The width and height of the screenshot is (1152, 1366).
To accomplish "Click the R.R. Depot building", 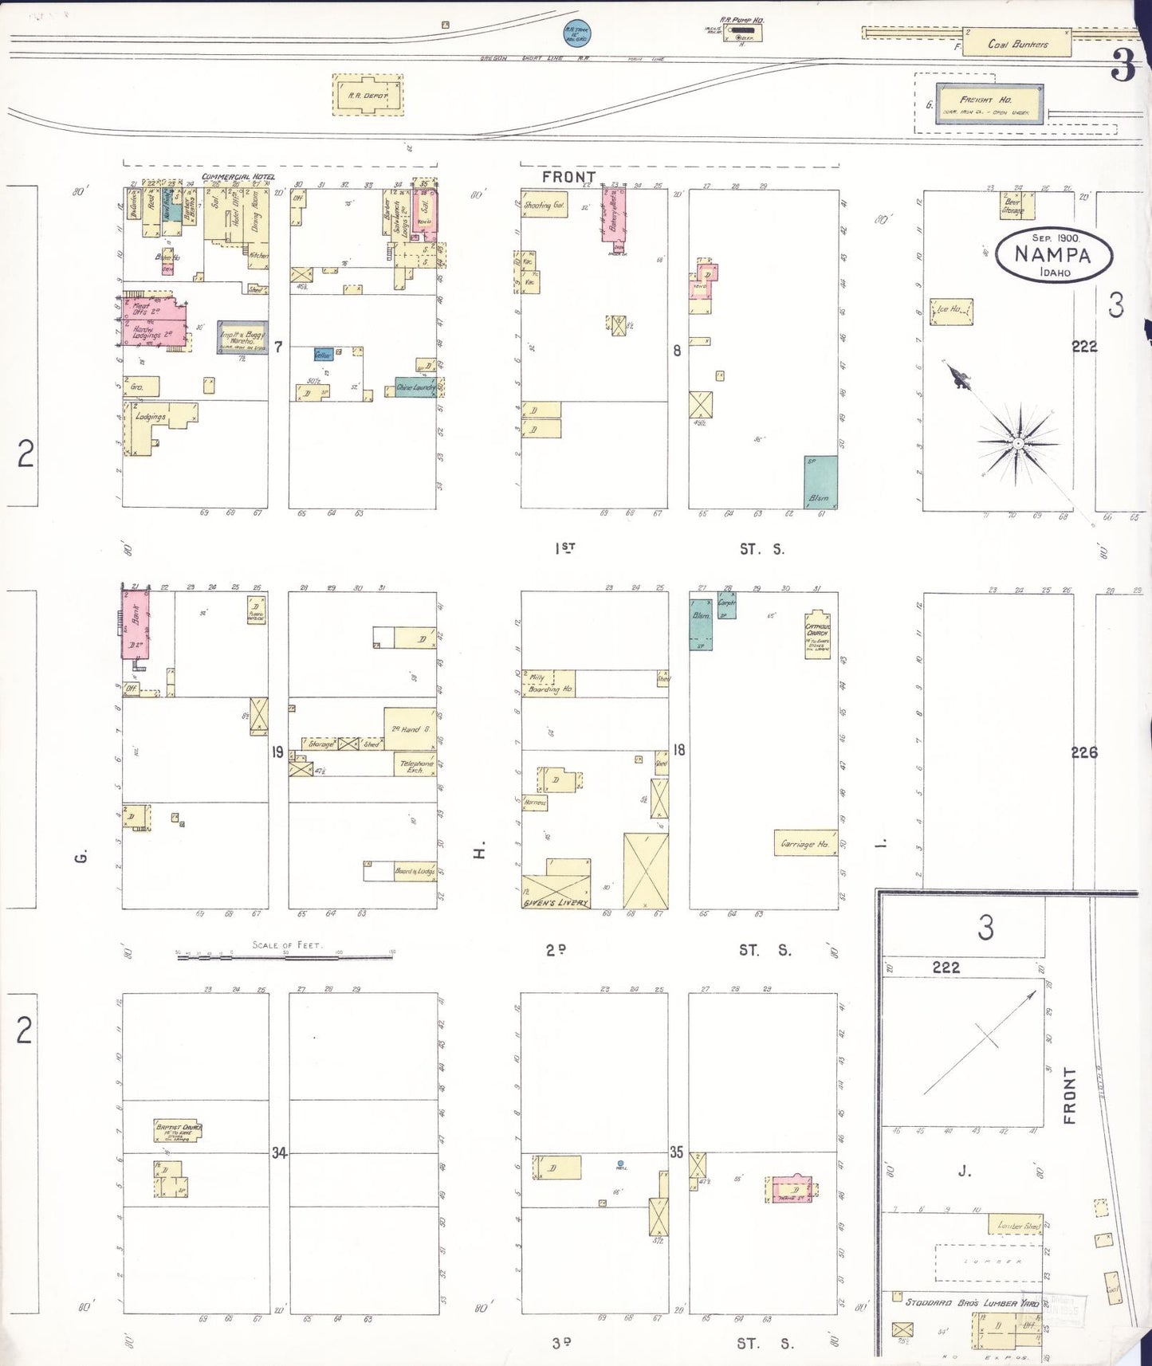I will pyautogui.click(x=368, y=96).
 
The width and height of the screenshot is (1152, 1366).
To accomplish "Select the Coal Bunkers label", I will pyautogui.click(x=1017, y=45).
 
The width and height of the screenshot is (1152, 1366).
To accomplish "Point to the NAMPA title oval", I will pyautogui.click(x=1053, y=254).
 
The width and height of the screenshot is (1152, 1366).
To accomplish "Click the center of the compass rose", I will pyautogui.click(x=1018, y=442).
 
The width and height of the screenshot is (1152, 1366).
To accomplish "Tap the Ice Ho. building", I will pyautogui.click(x=952, y=311).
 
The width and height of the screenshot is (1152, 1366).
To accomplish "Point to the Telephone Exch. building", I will pyautogui.click(x=417, y=767).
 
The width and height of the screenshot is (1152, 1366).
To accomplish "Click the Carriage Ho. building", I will pyautogui.click(x=805, y=843).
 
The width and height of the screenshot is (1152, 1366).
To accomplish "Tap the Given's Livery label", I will pyautogui.click(x=555, y=902).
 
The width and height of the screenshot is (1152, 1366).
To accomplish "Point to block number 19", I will pyautogui.click(x=277, y=752).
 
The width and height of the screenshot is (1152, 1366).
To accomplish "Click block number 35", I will pyautogui.click(x=676, y=1152).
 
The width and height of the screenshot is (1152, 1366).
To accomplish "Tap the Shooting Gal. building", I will pyautogui.click(x=543, y=205).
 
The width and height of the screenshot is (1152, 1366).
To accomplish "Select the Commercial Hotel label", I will pyautogui.click(x=237, y=177).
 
